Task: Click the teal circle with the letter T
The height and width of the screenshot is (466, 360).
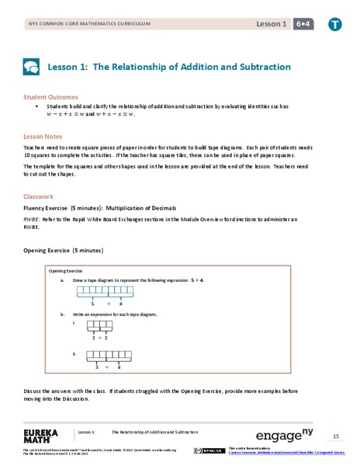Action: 334,25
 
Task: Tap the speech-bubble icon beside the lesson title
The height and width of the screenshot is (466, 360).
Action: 31,67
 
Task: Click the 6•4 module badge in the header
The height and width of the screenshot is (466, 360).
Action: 299,25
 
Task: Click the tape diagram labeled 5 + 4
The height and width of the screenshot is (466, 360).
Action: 102,293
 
